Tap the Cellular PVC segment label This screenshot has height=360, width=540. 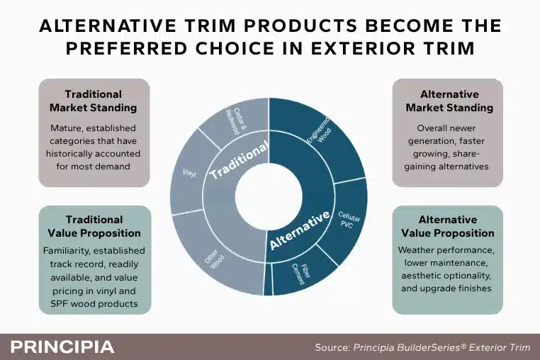pyautogui.click(x=348, y=220)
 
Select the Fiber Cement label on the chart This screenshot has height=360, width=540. pyautogui.click(x=300, y=274)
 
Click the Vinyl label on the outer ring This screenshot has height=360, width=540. pyautogui.click(x=189, y=173)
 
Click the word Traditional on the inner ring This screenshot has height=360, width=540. pyautogui.click(x=238, y=160)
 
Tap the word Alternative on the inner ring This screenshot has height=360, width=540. pyautogui.click(x=300, y=230)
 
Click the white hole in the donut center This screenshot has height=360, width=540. pyautogui.click(x=269, y=197)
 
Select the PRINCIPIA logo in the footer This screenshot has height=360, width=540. pyautogui.click(x=62, y=347)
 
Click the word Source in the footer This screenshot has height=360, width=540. pyautogui.click(x=332, y=347)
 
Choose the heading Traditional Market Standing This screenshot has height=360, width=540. pyautogui.click(x=94, y=101)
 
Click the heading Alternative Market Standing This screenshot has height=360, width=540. pyautogui.click(x=449, y=101)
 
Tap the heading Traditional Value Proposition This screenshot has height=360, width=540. pyautogui.click(x=94, y=226)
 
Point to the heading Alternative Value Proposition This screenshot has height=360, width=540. pyautogui.click(x=448, y=226)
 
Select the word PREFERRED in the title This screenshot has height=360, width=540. pyautogui.click(x=126, y=48)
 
